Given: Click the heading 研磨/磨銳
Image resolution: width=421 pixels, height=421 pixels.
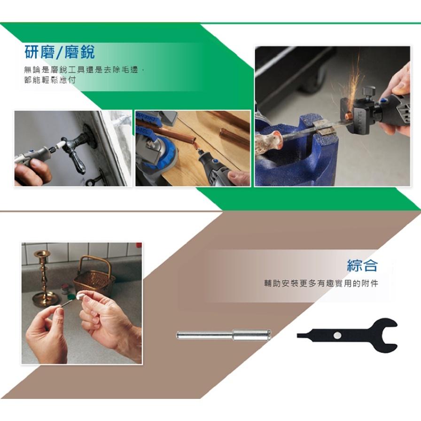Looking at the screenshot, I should (59, 51).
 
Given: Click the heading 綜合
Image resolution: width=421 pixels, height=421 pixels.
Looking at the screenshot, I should (362, 265).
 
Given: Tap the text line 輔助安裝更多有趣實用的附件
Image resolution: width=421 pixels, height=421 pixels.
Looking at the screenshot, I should (321, 284).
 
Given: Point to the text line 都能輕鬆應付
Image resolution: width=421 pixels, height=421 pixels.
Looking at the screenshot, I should (50, 80).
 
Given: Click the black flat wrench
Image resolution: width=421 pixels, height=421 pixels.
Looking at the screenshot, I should (348, 335).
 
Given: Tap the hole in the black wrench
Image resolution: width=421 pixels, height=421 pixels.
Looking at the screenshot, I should (337, 335).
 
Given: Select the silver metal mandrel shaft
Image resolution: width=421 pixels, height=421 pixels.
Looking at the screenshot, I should (223, 335).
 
